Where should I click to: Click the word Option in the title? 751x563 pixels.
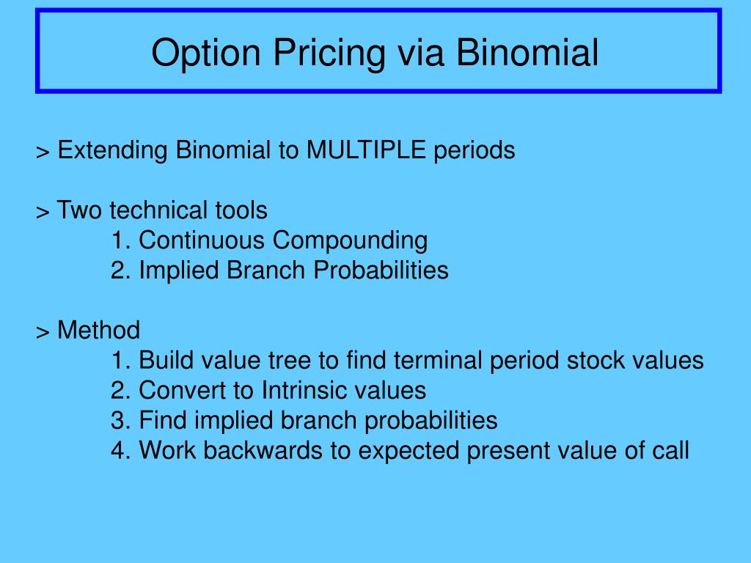click(206, 53)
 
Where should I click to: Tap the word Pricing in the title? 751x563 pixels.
click(329, 53)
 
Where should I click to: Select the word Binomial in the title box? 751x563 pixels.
click(527, 52)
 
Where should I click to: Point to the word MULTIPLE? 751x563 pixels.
click(366, 150)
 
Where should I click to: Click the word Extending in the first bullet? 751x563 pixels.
click(112, 150)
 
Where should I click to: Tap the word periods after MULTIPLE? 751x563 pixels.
click(475, 151)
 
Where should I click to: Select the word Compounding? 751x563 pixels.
click(350, 240)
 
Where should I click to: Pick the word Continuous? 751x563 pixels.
click(202, 240)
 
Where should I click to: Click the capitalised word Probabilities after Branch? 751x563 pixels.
click(381, 270)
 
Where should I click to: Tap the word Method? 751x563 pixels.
click(99, 331)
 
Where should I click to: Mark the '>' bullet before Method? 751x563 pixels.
click(43, 332)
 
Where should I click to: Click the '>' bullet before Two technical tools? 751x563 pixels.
click(43, 212)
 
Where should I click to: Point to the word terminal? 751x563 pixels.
click(438, 361)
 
